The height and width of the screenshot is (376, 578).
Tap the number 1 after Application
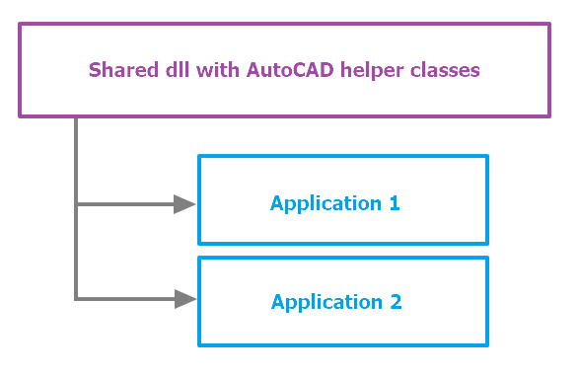394,203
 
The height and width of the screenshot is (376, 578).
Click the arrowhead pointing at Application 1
184,204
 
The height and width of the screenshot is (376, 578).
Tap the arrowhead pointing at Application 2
184,298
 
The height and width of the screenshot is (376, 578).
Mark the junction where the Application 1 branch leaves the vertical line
76,204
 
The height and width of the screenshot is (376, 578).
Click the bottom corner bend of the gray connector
76,298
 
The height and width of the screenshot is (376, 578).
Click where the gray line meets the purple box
76,117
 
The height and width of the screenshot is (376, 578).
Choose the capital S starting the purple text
95,70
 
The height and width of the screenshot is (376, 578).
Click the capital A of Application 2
278,301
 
